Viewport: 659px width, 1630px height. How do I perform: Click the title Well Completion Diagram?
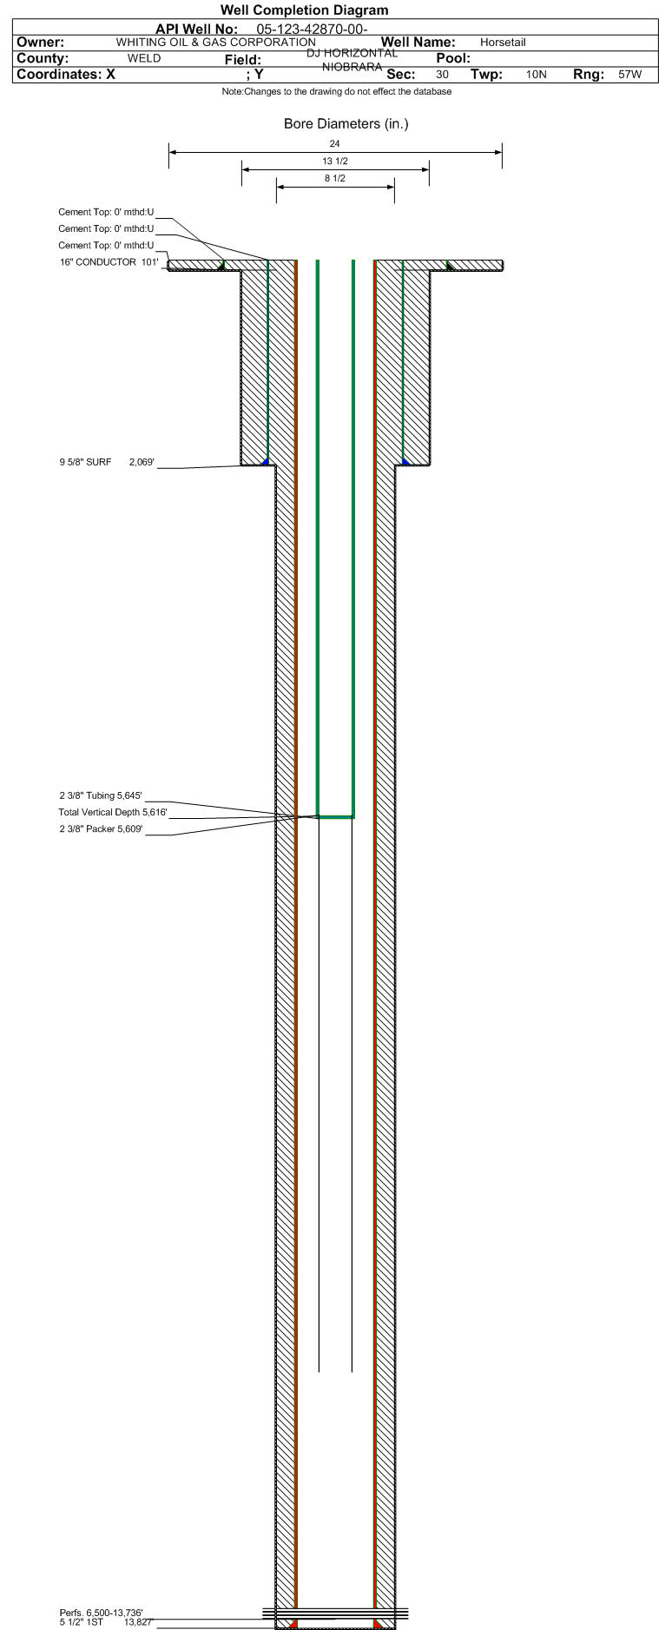304,10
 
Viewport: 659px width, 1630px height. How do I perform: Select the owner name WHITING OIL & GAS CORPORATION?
216,42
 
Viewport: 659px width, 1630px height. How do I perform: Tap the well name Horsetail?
503,43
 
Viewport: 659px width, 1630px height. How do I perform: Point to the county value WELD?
144,58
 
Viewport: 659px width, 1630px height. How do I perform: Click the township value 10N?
537,75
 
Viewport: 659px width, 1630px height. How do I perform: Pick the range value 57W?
629,75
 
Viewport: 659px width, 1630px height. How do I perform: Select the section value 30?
442,75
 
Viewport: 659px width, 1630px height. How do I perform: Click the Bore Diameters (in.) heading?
346,124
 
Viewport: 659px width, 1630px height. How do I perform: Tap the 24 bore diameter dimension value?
335,144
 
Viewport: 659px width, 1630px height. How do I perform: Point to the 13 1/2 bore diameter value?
335,162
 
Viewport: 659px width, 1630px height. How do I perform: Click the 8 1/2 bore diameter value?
335,179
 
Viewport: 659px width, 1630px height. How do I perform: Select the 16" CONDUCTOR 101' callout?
109,262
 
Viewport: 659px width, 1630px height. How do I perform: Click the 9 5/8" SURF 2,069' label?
107,462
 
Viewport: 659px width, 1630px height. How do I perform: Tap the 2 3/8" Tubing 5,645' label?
101,795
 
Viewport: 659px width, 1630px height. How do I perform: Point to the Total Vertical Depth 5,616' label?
113,812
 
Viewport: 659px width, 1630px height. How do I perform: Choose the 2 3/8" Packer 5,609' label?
101,829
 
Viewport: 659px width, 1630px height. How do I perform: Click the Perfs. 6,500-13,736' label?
101,1613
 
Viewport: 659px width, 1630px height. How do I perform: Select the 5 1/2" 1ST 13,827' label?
106,1621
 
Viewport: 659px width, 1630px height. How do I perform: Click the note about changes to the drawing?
336,91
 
